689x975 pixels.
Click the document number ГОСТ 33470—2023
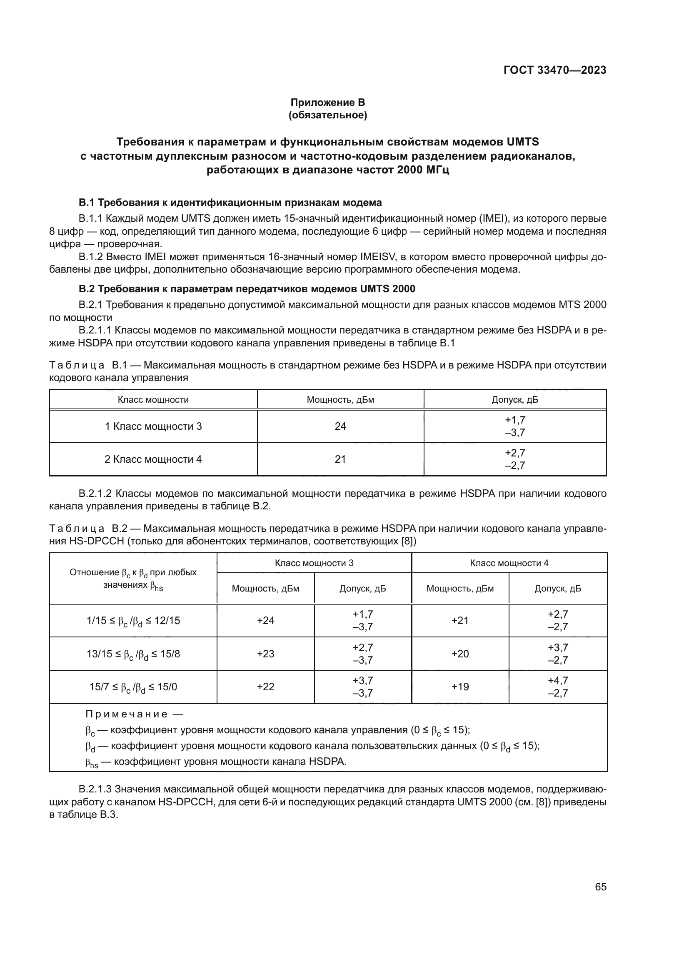coord(554,70)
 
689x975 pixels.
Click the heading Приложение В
coord(327,103)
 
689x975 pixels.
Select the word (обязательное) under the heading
coord(327,115)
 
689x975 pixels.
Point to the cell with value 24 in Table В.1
coord(340,426)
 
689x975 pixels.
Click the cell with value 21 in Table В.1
coord(340,459)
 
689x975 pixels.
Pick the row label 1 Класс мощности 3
coord(153,426)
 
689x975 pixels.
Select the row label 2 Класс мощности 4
coord(153,459)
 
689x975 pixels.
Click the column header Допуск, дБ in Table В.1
coord(514,400)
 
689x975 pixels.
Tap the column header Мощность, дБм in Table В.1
coord(340,400)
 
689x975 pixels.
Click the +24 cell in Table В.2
coord(266,620)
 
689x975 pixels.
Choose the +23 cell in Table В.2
coord(266,654)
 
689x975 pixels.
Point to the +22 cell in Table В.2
coord(266,687)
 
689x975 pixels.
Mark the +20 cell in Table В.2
coord(460,654)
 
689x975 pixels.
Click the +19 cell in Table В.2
coord(460,687)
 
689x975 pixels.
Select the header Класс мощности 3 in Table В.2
coord(314,563)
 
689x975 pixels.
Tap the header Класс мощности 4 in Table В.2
coord(509,563)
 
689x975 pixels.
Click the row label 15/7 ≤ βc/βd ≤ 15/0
coord(133,687)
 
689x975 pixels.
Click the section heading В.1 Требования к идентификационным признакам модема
coord(230,203)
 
